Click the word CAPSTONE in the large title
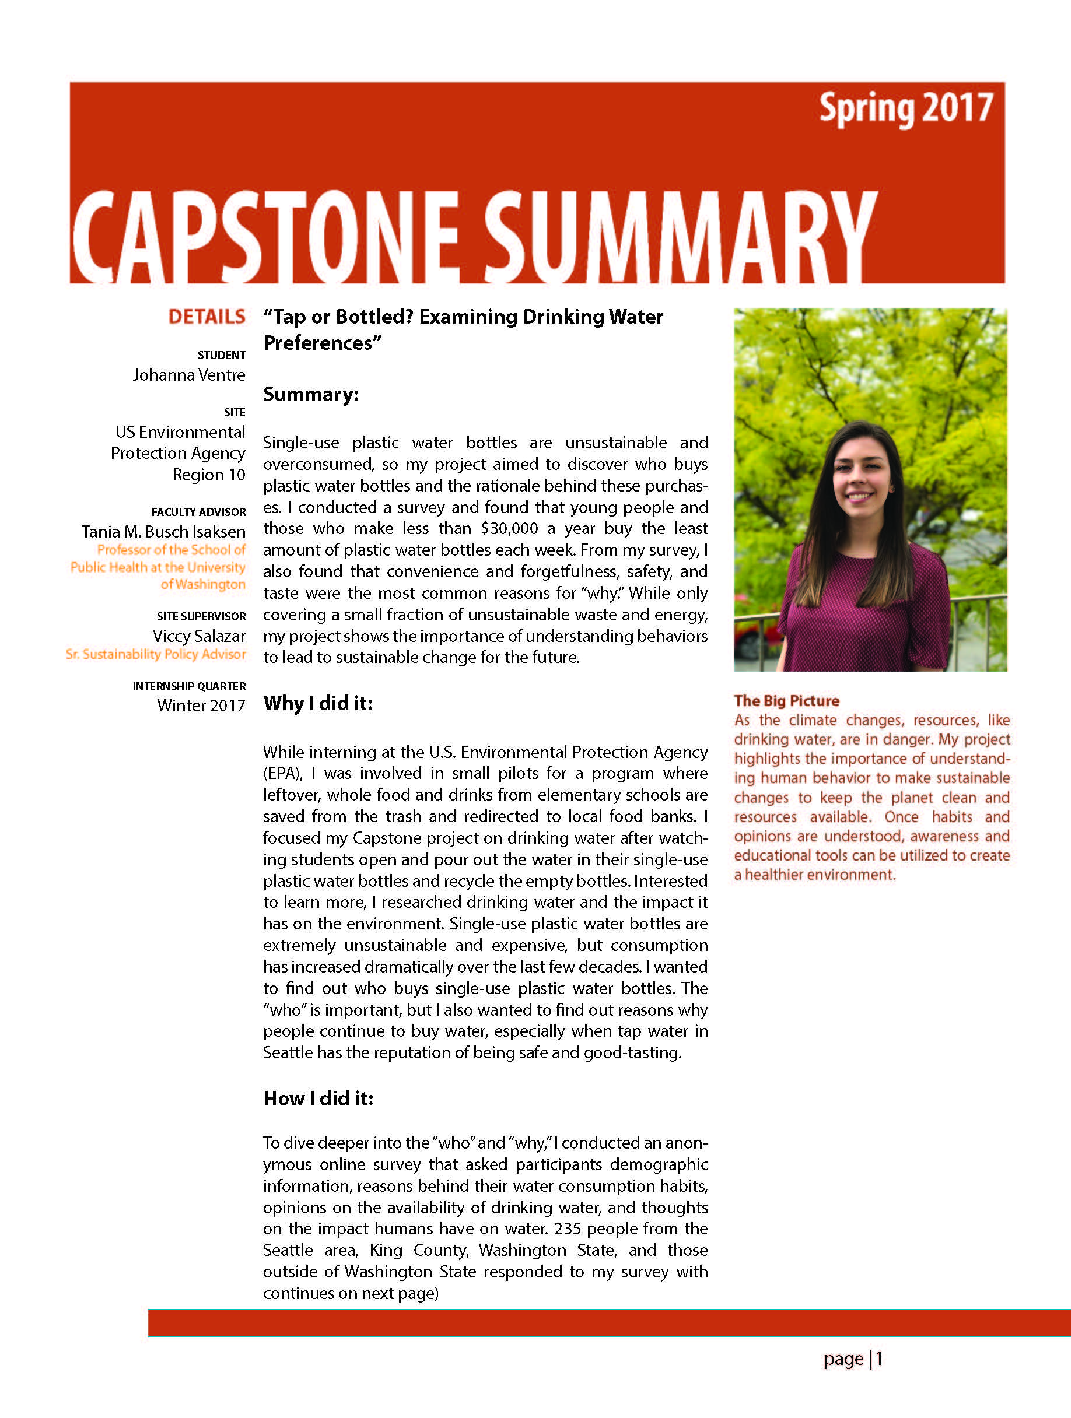coord(265,237)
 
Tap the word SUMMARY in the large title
coord(680,237)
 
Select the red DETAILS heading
coord(206,317)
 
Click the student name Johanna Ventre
coord(188,375)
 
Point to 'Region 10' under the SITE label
coord(208,475)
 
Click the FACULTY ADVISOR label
coord(198,512)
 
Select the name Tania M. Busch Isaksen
coord(163,532)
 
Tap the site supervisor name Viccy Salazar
coord(199,637)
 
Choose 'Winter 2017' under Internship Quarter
coord(201,706)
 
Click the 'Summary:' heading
coord(311,394)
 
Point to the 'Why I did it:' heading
coord(318,703)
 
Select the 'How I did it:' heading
coord(318,1098)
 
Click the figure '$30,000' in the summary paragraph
coord(509,529)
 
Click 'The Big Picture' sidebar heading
coord(786,701)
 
